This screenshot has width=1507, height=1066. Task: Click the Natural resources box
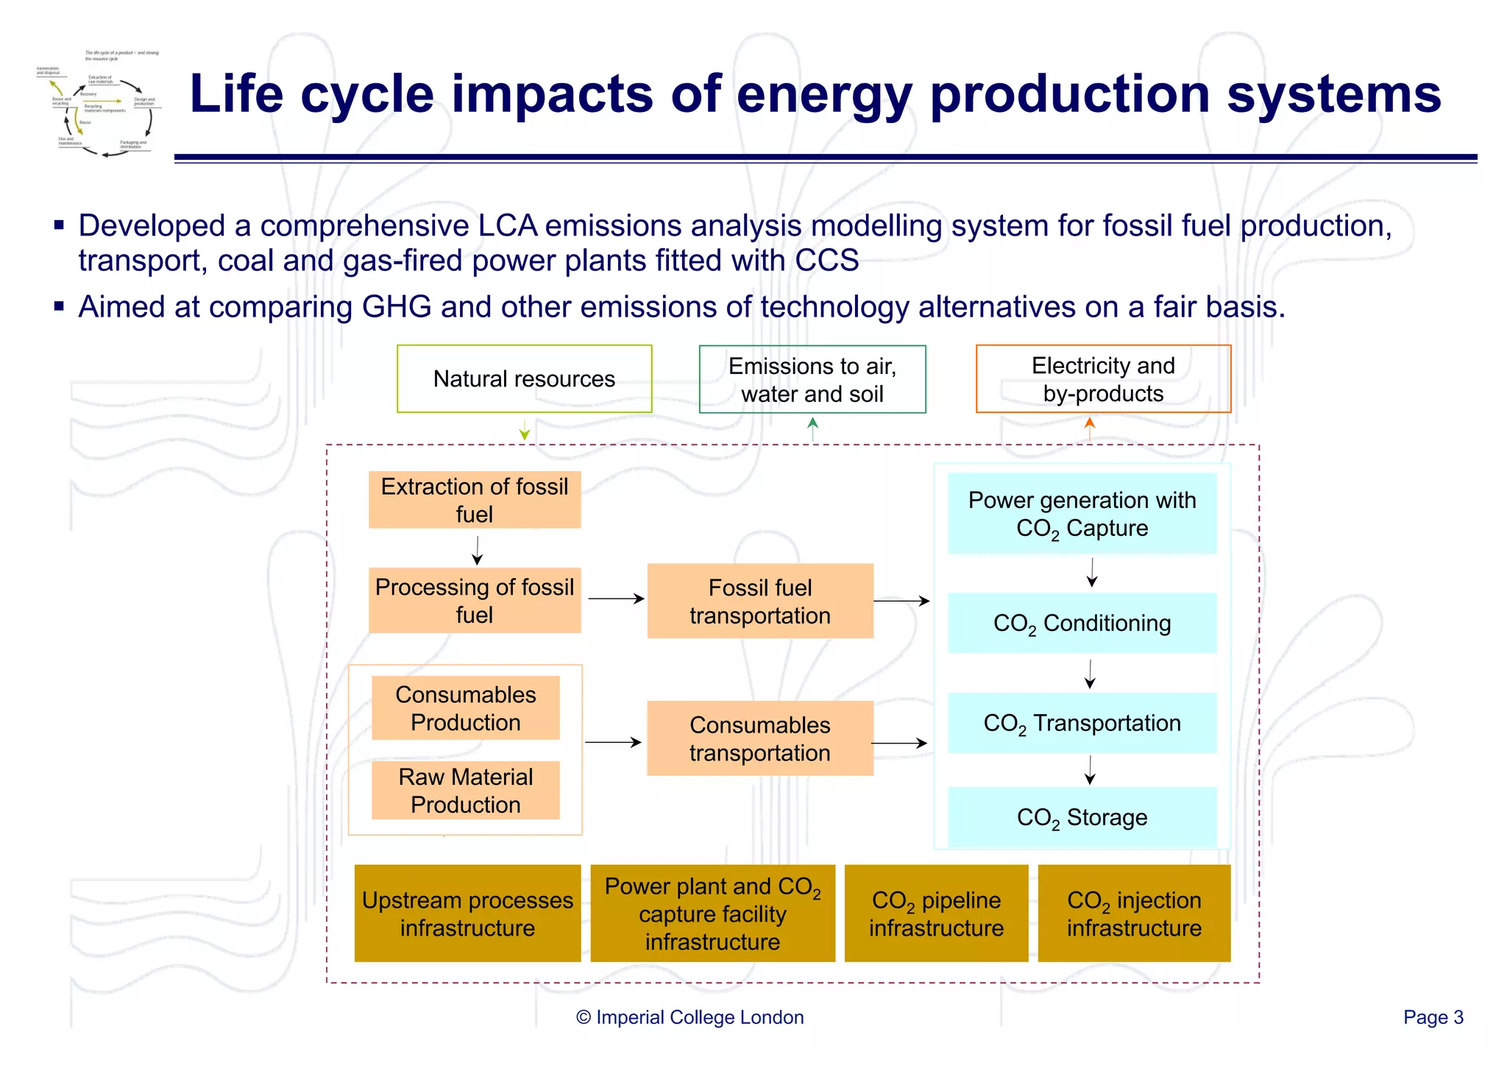(524, 378)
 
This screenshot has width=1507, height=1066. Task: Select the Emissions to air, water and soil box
(812, 379)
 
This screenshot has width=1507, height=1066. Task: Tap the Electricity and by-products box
(1102, 378)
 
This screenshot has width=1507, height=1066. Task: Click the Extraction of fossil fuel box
(475, 500)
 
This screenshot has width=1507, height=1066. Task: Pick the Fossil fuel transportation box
(759, 601)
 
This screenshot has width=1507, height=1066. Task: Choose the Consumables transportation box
(759, 738)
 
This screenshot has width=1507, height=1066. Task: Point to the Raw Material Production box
(465, 790)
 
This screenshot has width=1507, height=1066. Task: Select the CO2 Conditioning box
(1082, 623)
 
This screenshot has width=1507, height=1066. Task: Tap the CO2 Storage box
(1082, 817)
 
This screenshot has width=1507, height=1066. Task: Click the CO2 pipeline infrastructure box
(936, 914)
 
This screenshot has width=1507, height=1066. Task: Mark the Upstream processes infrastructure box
(467, 914)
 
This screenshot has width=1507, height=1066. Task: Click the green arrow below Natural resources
(525, 430)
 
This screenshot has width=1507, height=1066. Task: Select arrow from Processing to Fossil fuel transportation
(616, 599)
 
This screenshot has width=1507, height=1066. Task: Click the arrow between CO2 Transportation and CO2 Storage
(1091, 770)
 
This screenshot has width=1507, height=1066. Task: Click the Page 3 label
(1433, 1017)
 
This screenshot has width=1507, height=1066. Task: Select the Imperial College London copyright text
(689, 1017)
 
